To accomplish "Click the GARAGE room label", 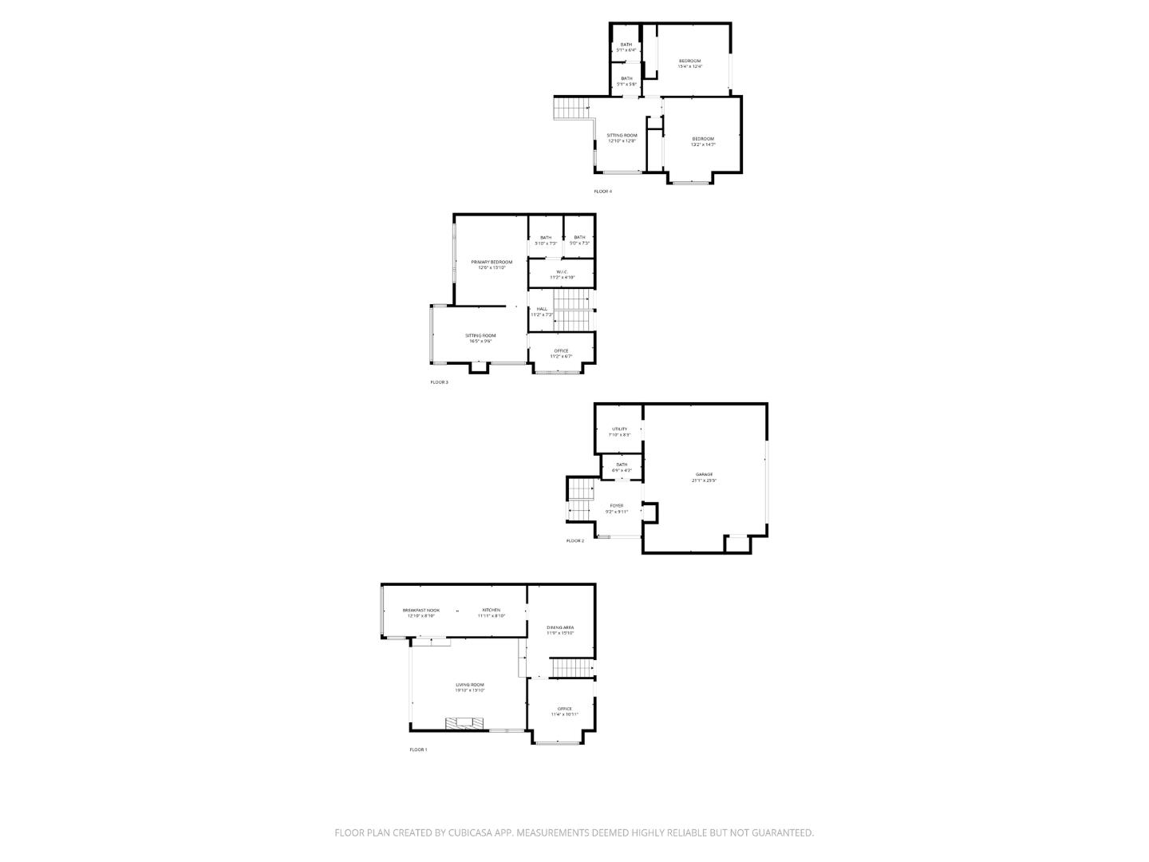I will coord(703,474).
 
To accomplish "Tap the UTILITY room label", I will coord(619,429).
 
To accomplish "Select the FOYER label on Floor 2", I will coord(617,505).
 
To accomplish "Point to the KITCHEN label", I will coord(491,610).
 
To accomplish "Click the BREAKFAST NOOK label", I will coord(421,610).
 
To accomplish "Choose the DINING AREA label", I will coord(560,627).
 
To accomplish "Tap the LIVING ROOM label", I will coord(469,685).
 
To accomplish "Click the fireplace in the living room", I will coord(464,724).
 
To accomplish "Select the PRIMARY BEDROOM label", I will coord(492,262).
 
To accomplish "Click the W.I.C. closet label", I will coord(562,271).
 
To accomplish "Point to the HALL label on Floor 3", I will coord(542,308).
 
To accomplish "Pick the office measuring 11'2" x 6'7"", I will coord(561,357).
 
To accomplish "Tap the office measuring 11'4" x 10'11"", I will coord(564,714).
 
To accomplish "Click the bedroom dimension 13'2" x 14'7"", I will coord(703,144).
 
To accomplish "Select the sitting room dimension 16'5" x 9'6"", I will coord(480,341).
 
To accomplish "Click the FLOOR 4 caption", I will coord(602,192).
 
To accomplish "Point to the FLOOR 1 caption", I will coord(418,749).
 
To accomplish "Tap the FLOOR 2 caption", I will coord(574,541).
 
